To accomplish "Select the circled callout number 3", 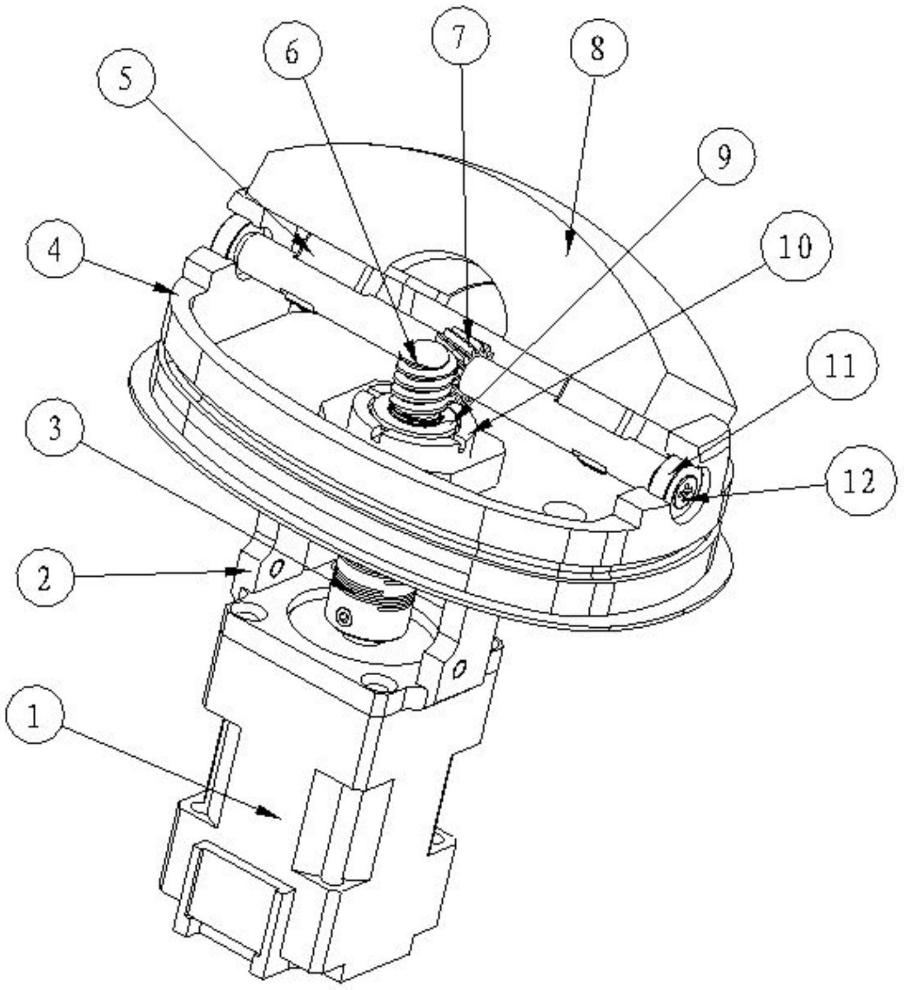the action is pyautogui.click(x=55, y=430).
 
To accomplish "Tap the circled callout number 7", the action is pyautogui.click(x=459, y=37).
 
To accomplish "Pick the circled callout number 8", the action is pyautogui.click(x=597, y=49).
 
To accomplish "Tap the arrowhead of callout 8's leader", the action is pyautogui.click(x=569, y=249).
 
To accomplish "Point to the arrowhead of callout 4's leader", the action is pyautogui.click(x=172, y=291).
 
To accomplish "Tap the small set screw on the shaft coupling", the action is pyautogui.click(x=343, y=616).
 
